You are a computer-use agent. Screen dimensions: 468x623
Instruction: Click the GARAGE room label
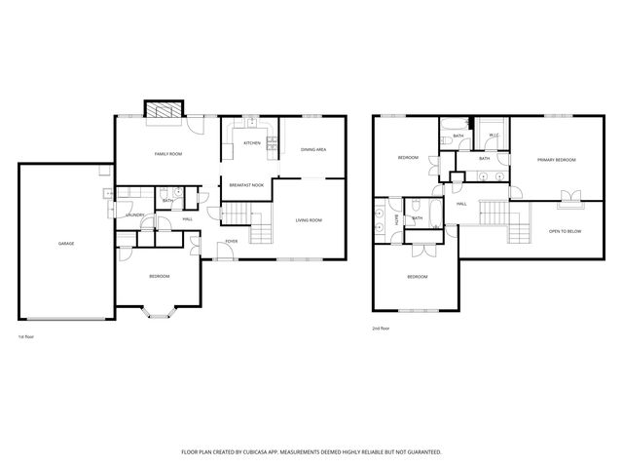coord(66,244)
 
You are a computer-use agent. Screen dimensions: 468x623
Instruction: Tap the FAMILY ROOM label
coord(168,154)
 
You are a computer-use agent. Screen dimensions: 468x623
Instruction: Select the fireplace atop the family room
coord(162,110)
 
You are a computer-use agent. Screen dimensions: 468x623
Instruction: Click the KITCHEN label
coord(252,143)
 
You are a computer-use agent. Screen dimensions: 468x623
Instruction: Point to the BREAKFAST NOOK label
coord(247,185)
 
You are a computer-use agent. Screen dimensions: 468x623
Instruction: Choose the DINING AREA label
coord(312,149)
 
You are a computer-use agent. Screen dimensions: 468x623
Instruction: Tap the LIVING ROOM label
coord(309,220)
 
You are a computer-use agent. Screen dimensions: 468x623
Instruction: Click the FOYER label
coord(232,241)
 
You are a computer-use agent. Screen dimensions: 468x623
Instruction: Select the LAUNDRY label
coord(136,214)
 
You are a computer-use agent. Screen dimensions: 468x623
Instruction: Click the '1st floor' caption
coord(26,336)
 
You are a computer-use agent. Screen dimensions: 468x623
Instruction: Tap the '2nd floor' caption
coord(382,329)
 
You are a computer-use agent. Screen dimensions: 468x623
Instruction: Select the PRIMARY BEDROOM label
coord(556,159)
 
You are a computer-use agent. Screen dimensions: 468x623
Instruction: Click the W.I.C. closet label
coord(494,136)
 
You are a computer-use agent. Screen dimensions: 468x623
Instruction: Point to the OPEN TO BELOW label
coord(565,231)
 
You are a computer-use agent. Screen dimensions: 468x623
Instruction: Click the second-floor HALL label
coord(461,203)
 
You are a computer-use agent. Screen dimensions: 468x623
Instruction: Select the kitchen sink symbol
coord(250,122)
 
